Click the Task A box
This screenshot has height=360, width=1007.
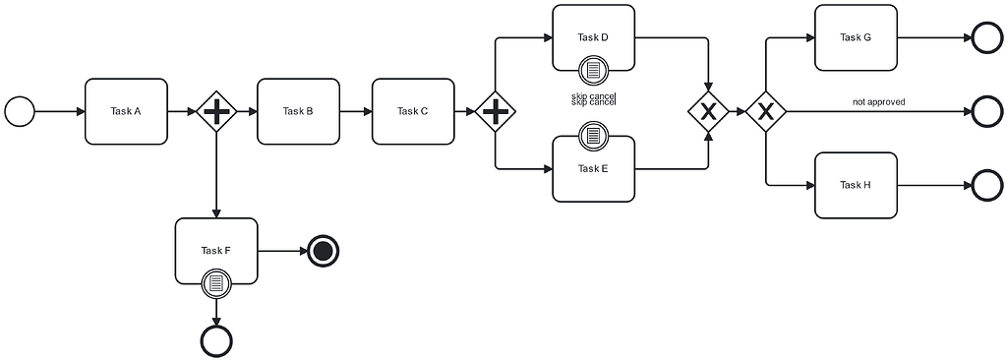click(x=127, y=111)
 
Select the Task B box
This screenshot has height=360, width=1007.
click(x=298, y=111)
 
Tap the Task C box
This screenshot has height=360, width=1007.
click(x=412, y=111)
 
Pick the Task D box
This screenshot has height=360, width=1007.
click(x=593, y=37)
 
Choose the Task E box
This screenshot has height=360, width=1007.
click(x=593, y=168)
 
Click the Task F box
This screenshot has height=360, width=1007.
click(x=216, y=250)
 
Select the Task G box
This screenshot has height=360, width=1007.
click(x=856, y=37)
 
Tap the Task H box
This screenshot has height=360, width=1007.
click(x=856, y=185)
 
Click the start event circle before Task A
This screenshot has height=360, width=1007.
click(x=20, y=111)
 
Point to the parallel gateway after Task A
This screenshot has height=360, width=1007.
click(x=216, y=111)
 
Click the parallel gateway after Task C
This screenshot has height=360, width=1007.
click(x=495, y=111)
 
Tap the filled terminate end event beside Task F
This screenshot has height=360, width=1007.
click(x=323, y=251)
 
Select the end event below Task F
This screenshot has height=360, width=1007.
click(x=216, y=340)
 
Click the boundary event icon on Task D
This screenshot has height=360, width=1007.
click(x=593, y=70)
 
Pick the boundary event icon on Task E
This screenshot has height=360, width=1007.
click(x=593, y=135)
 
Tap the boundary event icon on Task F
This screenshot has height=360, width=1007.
click(x=216, y=283)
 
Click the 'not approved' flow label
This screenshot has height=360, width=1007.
click(x=878, y=101)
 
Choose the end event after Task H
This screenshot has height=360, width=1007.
click(x=986, y=185)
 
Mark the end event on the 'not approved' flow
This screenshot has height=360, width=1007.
click(x=986, y=111)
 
